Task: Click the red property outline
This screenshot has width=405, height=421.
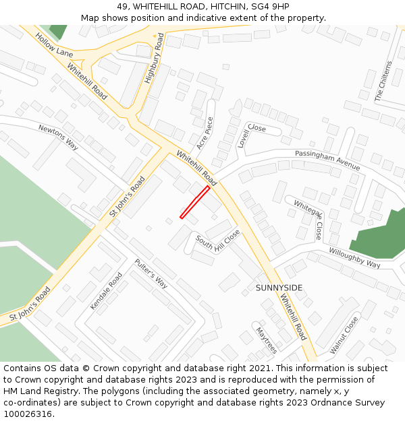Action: [x=194, y=202]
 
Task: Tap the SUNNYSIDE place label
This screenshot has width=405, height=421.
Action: [x=279, y=288]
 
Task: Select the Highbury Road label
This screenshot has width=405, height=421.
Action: [x=155, y=59]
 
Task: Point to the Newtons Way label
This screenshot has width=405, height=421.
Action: [x=59, y=137]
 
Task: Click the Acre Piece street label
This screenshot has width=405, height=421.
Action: [x=205, y=133]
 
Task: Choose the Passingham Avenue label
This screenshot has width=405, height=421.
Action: [x=327, y=160]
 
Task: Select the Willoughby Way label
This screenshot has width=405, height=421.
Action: [x=354, y=258]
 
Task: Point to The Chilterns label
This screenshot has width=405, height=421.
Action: [x=383, y=81]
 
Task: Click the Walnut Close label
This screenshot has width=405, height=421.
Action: [x=344, y=335]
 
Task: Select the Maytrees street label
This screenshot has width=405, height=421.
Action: [x=266, y=340]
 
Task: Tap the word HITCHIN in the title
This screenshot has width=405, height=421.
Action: [x=223, y=6]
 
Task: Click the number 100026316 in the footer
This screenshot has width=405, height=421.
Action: [x=28, y=414]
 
